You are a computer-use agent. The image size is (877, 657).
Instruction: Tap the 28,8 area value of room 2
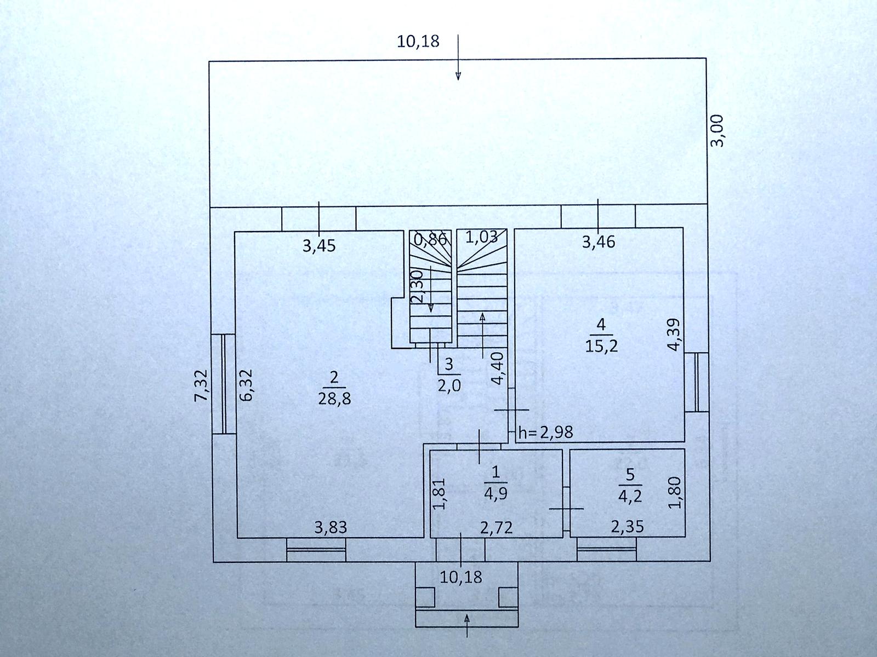click(334, 398)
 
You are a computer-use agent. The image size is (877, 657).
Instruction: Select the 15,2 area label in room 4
click(601, 346)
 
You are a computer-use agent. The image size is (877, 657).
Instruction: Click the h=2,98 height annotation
click(545, 433)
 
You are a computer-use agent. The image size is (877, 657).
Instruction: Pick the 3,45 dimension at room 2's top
click(318, 246)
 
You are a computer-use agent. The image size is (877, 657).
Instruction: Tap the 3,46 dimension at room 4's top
click(599, 241)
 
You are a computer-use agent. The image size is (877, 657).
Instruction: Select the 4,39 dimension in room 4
click(675, 335)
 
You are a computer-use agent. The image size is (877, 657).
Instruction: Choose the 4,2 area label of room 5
click(630, 496)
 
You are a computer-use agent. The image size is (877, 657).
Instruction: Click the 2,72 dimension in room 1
click(496, 528)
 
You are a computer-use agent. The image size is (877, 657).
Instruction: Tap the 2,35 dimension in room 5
click(627, 527)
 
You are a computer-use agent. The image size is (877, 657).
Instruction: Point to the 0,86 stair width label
click(431, 239)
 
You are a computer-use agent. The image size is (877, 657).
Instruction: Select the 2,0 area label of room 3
click(449, 385)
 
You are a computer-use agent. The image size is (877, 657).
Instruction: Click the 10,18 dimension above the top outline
click(418, 41)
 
